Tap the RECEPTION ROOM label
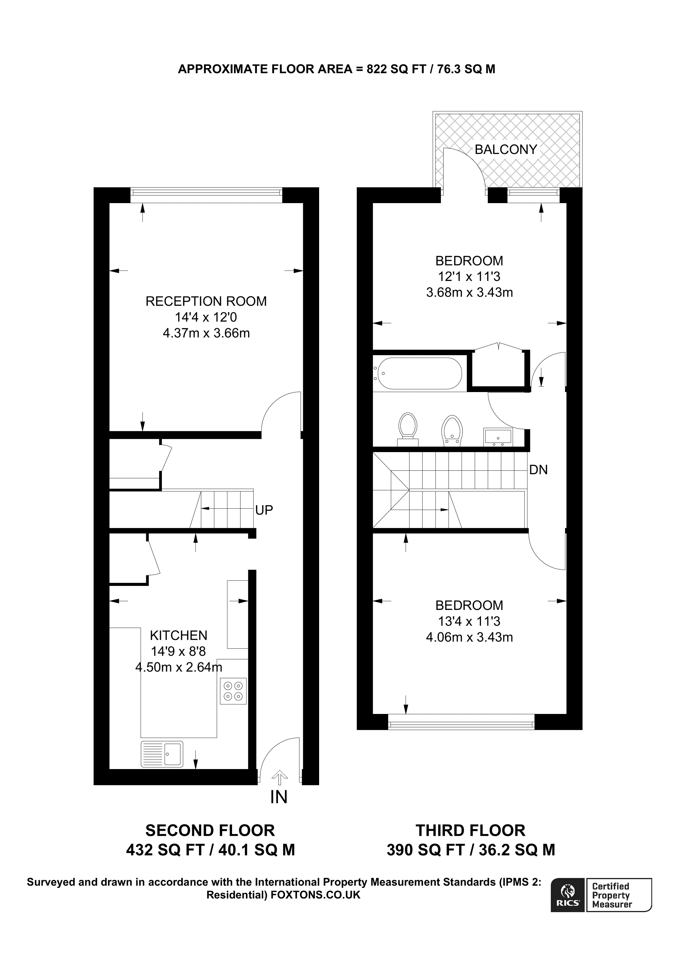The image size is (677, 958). [x=206, y=301]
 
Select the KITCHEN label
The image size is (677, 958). [x=178, y=635]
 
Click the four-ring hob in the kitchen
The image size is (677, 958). [x=233, y=691]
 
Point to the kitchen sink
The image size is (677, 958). [x=162, y=754]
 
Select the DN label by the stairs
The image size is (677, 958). [x=538, y=470]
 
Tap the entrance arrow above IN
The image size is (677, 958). [x=279, y=777]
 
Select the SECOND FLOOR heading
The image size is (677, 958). [x=210, y=831]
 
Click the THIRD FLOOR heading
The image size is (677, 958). [x=471, y=831]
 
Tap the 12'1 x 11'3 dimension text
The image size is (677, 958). [x=469, y=276]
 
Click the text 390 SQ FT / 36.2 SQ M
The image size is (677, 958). [x=471, y=850]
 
